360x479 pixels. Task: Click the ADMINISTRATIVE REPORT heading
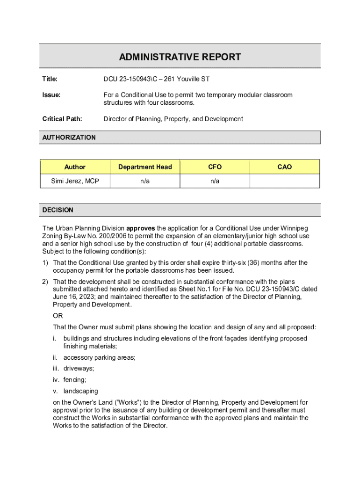[x=180, y=57]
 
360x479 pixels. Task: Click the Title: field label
[x=50, y=79]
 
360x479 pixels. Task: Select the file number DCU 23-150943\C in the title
[x=130, y=79]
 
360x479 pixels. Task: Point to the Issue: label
[x=51, y=95]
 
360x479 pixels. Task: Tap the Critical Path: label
[x=62, y=119]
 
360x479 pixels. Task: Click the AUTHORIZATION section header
[x=69, y=138]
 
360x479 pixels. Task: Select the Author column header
[x=75, y=167]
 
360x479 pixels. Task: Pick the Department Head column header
[x=145, y=167]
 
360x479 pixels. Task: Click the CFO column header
[x=215, y=167]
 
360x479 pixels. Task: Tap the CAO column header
[x=284, y=167]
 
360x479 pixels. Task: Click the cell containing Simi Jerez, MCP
[x=75, y=181]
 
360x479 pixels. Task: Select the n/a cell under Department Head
[x=145, y=181]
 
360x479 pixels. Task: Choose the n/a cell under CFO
[x=215, y=181]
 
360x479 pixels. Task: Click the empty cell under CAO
[x=285, y=181]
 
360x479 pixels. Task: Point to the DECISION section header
[x=58, y=210]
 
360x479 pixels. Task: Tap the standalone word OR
[x=58, y=316]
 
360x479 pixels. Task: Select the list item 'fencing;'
[x=75, y=380]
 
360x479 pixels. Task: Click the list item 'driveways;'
[x=79, y=369]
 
